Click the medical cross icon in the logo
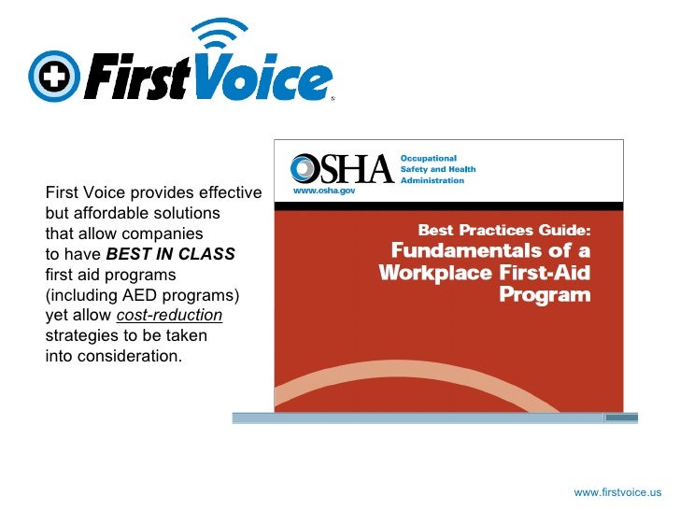coord(54,76)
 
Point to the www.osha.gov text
coord(323,191)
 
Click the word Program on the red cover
coord(545,295)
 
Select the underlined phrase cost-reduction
coord(169,316)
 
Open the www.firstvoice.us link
coord(617,492)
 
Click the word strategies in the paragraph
coord(78,336)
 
